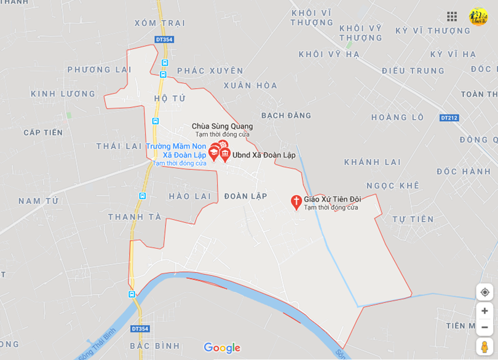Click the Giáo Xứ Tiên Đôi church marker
coord(296,202)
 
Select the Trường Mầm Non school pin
coord(214,153)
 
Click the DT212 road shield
coord(449,117)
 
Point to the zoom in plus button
coord(484,311)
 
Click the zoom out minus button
coord(484,327)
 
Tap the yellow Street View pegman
coord(484,347)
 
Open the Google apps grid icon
coord(452,17)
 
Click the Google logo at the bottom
coord(222,348)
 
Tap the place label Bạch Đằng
coord(286,115)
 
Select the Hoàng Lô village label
coord(397,117)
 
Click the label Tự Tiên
coord(413,219)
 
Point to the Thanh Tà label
coord(134,217)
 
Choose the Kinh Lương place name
coord(63,94)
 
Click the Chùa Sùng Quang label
coord(222,127)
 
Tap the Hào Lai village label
coord(189,196)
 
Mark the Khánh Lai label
coord(372,162)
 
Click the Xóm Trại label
coord(160,23)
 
